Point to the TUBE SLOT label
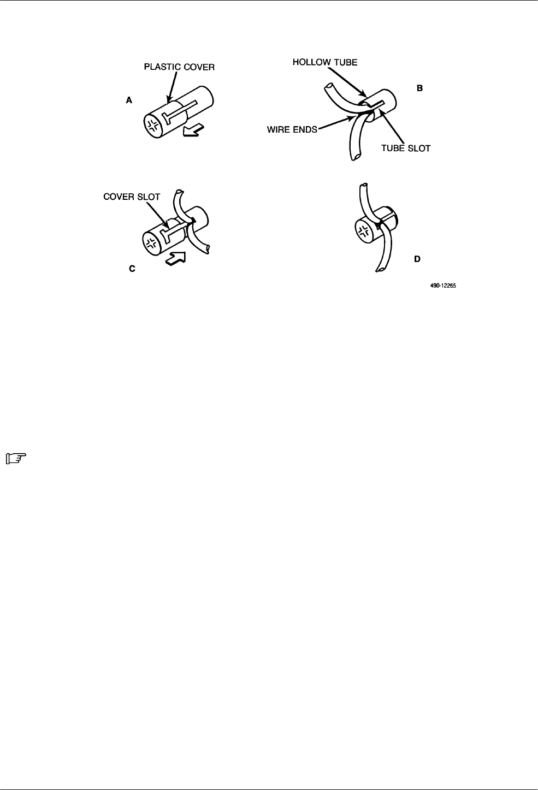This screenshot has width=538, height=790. [405, 148]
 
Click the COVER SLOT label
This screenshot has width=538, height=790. [132, 197]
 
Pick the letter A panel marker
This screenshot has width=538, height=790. [129, 100]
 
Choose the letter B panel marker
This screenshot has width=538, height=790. [420, 87]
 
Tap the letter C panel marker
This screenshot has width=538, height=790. [132, 269]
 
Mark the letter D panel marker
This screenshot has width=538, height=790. [417, 259]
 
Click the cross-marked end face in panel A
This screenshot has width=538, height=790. [153, 126]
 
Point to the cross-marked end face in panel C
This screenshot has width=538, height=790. [152, 243]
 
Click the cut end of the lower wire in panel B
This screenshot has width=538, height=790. [356, 157]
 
